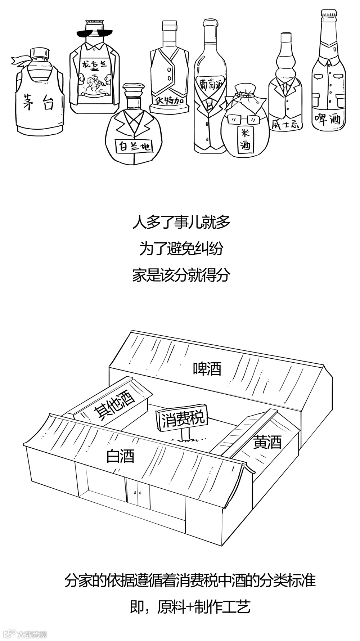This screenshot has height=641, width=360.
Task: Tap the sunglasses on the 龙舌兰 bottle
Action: click(x=94, y=33)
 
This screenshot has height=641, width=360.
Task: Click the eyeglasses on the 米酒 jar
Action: click(x=244, y=119)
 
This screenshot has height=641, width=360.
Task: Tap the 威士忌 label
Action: click(x=285, y=125)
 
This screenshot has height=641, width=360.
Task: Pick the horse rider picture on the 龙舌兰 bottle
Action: click(x=94, y=84)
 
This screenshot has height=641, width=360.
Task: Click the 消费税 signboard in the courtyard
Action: click(x=183, y=418)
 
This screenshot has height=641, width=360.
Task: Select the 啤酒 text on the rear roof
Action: click(x=207, y=368)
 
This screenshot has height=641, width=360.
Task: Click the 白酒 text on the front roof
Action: click(x=120, y=456)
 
